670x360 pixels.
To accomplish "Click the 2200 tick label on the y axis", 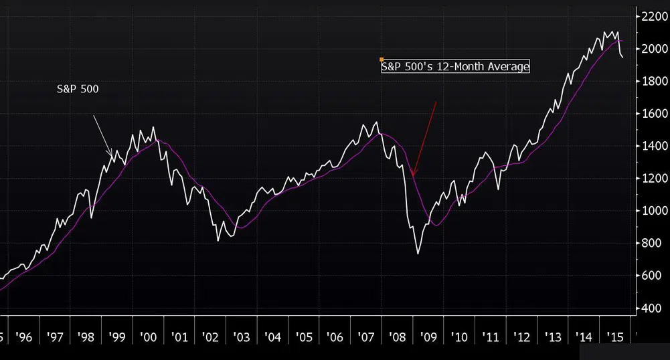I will coord(652,16).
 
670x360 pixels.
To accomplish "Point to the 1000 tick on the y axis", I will coord(652,211).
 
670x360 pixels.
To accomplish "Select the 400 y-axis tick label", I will coord(650,308).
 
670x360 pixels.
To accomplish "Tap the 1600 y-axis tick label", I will coord(652,114).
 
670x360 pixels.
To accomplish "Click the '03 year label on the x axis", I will coord(241,337).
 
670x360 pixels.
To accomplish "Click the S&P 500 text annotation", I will coord(78,89).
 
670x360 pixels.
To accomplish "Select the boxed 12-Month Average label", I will coord(455,66).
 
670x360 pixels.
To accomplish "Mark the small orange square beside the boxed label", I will coord(382,60).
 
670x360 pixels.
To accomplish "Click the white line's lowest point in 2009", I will coord(418,253).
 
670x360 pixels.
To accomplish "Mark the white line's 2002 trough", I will coord(218,240).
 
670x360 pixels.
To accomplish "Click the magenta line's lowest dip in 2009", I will coord(436,226).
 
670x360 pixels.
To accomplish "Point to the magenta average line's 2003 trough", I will coord(241,228).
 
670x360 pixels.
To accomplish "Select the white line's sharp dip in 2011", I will coord(497,189).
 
